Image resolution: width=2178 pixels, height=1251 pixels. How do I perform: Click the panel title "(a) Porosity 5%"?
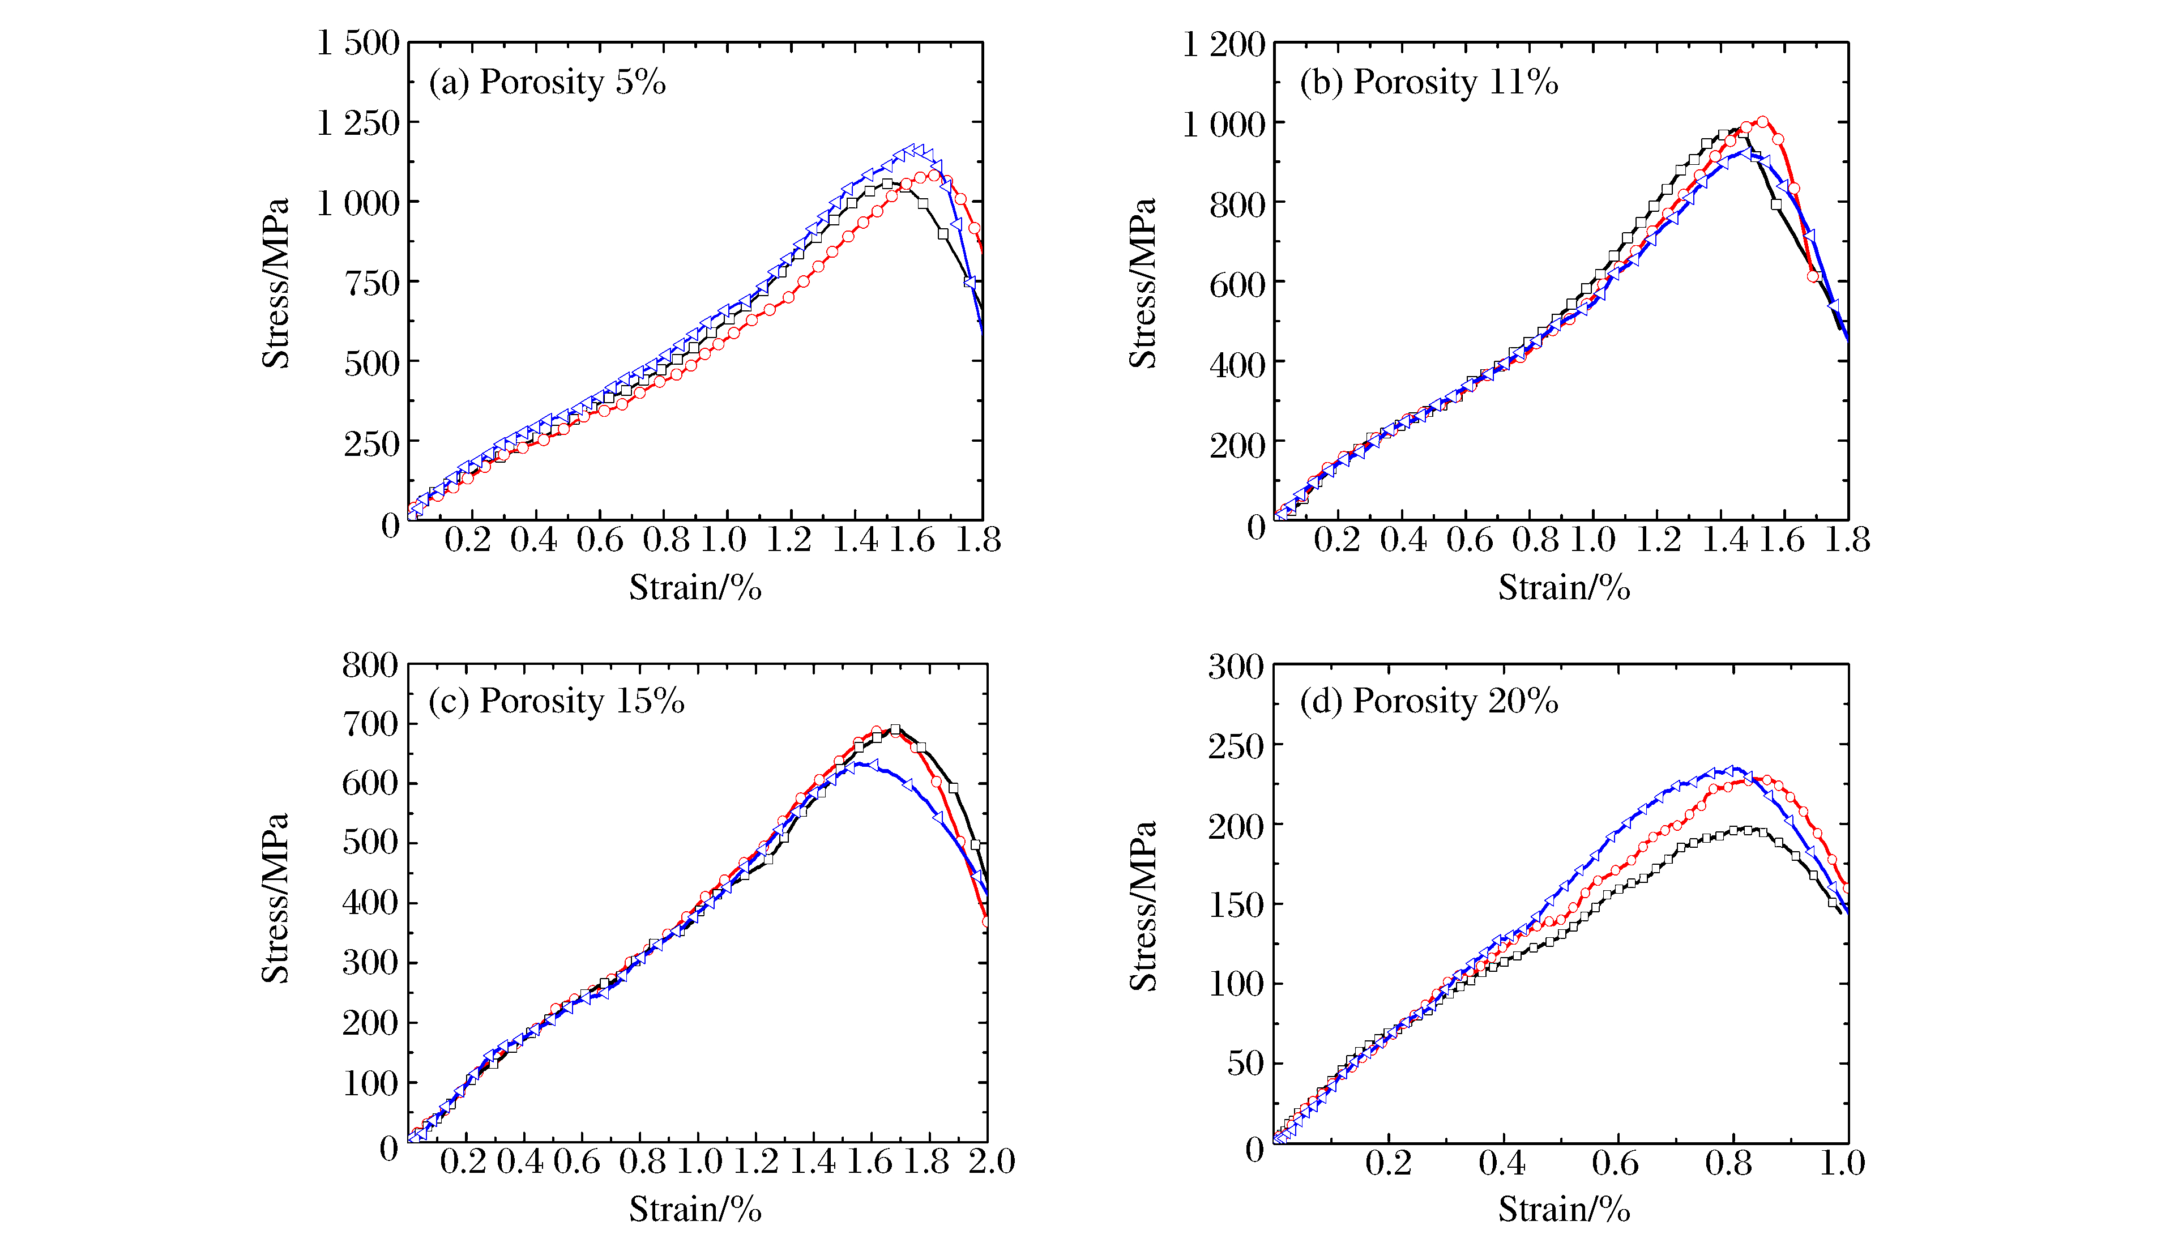(547, 83)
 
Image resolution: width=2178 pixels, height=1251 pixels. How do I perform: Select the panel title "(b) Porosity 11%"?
(1428, 83)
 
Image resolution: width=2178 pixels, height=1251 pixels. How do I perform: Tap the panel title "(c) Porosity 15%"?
(556, 701)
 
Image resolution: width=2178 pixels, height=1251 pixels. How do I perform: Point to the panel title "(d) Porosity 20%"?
(1428, 701)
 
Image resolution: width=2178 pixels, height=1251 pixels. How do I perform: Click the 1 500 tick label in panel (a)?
(358, 43)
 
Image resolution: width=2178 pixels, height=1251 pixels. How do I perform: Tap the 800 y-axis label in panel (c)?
(370, 665)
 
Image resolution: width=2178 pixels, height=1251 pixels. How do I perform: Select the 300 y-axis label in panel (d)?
(1236, 667)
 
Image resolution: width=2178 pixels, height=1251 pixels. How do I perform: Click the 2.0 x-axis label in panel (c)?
(992, 1162)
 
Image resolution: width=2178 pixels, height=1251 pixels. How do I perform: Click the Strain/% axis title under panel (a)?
(695, 588)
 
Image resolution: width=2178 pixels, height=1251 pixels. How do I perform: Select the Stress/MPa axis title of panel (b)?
(1143, 284)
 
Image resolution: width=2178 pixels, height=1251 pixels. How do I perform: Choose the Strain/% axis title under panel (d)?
(1564, 1210)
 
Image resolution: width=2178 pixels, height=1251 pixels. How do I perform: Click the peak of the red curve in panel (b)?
(1762, 122)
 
